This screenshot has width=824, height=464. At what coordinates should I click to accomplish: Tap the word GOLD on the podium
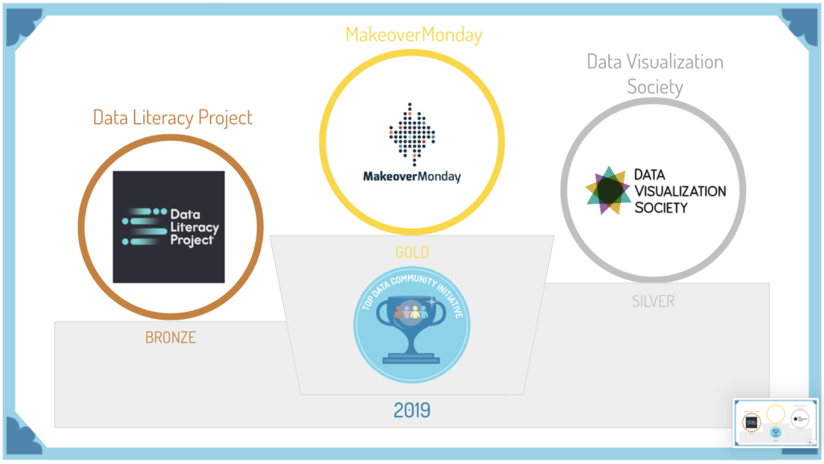pos(412,252)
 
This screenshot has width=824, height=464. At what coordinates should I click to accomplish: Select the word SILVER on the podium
pos(653,301)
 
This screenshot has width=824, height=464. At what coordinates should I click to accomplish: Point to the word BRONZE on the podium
pos(171,338)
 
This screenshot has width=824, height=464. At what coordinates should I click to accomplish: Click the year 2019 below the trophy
pos(412,410)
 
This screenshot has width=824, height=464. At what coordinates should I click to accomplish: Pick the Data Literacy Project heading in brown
pos(172,118)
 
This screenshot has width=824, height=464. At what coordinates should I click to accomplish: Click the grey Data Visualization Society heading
pos(654,73)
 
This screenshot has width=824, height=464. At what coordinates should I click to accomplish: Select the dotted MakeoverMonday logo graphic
pos(412,133)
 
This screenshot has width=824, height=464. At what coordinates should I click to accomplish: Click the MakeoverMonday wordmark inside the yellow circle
pos(412,176)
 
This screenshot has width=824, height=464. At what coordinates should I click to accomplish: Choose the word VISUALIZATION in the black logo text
pos(680,191)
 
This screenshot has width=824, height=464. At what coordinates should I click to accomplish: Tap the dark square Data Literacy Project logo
pos(168,226)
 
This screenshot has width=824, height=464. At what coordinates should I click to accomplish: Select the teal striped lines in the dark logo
pos(142,226)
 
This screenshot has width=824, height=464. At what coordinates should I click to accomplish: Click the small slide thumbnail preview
pos(774,421)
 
